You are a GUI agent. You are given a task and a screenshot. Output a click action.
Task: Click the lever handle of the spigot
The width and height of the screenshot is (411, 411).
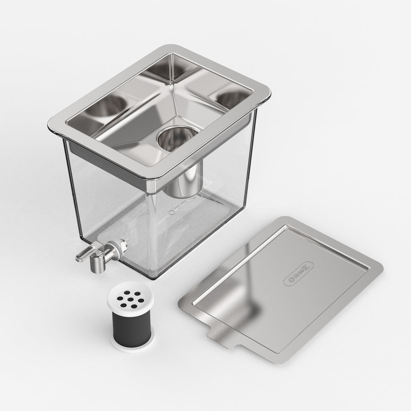click(x=83, y=254)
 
